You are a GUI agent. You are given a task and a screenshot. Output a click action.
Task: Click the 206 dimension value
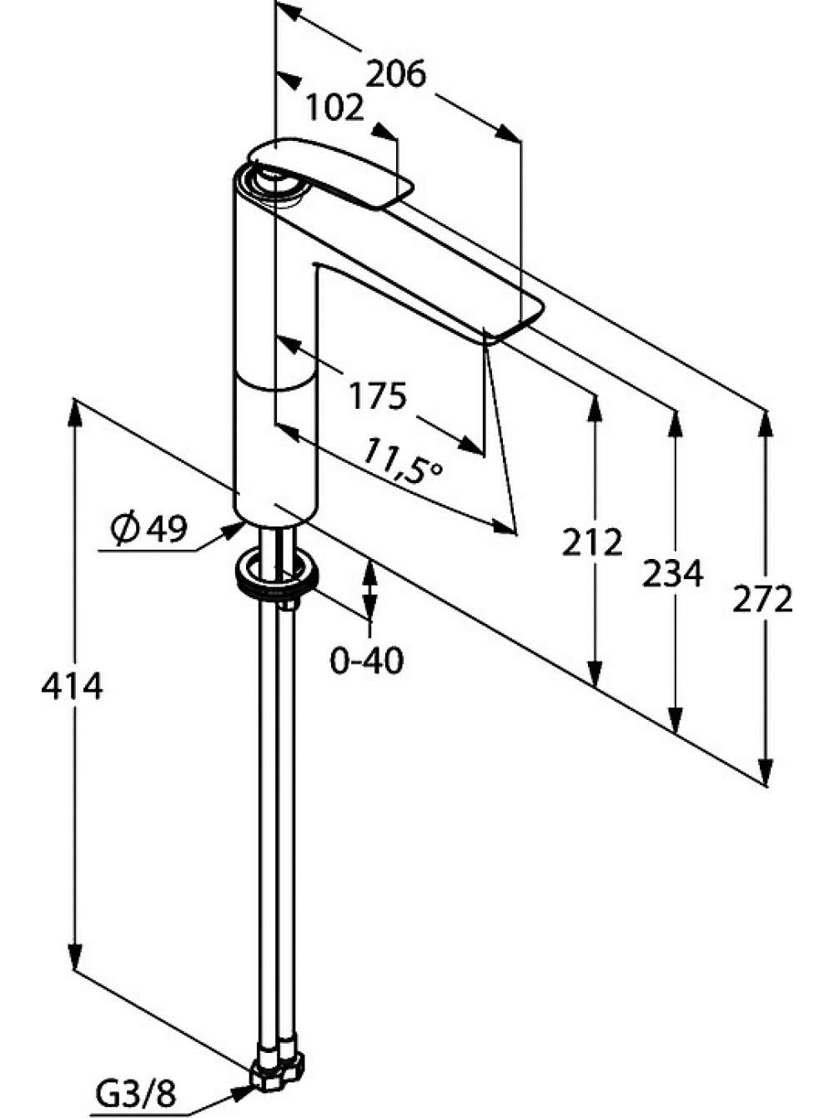(x=396, y=74)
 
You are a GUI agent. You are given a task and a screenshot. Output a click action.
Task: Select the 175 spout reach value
(x=378, y=395)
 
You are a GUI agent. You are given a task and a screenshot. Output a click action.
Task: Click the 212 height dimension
(x=592, y=542)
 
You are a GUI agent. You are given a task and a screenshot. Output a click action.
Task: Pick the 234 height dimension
(x=672, y=573)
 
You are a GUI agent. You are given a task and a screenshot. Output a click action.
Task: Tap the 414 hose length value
(x=72, y=687)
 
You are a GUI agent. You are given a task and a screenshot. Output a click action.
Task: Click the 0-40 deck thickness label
(x=367, y=661)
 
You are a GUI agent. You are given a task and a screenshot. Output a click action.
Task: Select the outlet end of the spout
(x=515, y=321)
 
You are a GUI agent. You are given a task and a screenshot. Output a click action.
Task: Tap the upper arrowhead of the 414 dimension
(x=75, y=412)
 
